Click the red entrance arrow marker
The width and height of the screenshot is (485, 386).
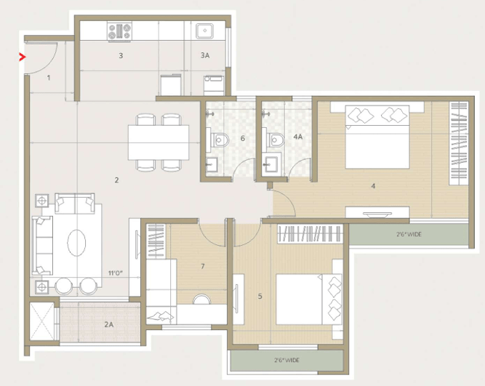click(22, 57)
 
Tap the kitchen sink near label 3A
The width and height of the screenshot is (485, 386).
click(204, 31)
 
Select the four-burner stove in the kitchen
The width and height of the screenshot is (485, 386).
click(119, 31)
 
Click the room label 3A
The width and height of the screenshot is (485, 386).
click(205, 55)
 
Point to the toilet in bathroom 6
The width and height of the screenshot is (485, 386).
click(220, 140)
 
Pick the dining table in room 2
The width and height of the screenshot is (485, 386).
click(159, 142)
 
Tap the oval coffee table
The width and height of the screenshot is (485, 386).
click(76, 243)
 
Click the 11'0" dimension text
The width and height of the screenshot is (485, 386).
click(116, 273)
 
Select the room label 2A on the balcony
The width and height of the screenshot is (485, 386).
click(108, 324)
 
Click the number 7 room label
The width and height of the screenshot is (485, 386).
click(203, 266)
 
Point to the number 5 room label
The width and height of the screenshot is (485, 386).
click(260, 297)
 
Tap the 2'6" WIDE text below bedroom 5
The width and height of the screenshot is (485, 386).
click(286, 361)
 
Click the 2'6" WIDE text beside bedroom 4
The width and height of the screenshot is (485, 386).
click(409, 235)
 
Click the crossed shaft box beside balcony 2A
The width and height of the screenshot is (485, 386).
click(41, 321)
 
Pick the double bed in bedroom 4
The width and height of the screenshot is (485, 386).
click(377, 137)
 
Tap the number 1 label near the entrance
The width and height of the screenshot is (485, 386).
click(49, 78)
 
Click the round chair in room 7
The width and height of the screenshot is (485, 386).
click(201, 299)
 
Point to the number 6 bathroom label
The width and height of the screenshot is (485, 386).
click(243, 138)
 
